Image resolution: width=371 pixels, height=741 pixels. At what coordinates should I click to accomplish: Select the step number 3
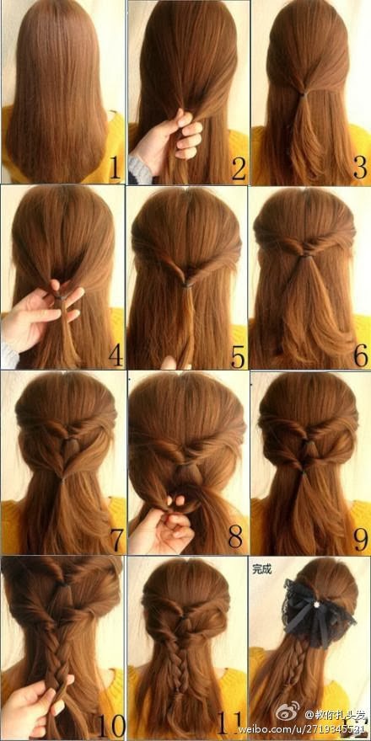(x=360, y=169)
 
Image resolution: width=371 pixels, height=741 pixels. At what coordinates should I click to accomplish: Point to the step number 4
(x=115, y=355)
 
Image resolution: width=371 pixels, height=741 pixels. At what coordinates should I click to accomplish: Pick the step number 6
(x=360, y=355)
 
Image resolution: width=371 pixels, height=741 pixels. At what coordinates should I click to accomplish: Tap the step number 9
(x=360, y=536)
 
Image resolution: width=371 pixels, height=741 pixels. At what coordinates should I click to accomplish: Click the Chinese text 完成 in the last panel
(x=262, y=568)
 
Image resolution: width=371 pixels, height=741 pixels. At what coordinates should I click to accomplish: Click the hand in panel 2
(x=169, y=140)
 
